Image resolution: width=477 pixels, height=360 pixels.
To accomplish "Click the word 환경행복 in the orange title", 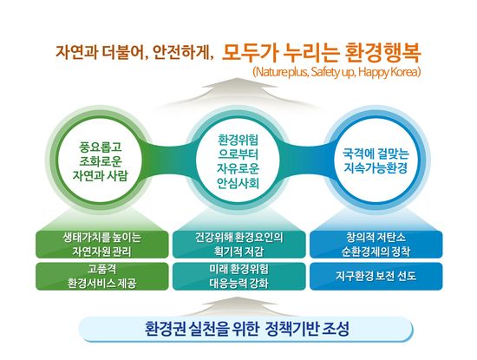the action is click(383, 53).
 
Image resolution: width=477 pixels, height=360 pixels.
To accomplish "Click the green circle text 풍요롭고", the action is click(101, 147).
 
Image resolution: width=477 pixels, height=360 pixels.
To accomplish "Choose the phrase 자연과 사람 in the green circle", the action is click(101, 175).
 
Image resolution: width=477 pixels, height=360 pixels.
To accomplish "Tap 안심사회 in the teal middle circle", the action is click(238, 183).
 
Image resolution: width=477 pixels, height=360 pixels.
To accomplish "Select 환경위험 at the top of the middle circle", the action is click(238, 140).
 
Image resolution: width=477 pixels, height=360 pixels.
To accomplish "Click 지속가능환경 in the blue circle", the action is click(376, 168).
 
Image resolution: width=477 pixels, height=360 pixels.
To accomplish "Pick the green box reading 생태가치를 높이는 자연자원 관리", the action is click(102, 245).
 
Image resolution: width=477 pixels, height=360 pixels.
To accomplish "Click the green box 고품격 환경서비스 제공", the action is click(102, 277).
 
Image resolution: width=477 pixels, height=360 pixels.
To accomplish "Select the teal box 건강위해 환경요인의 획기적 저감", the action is click(238, 245).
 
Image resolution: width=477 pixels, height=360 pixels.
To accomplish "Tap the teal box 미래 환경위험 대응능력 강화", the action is click(238, 277).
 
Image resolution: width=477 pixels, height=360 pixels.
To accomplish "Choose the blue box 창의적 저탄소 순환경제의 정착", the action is click(376, 245).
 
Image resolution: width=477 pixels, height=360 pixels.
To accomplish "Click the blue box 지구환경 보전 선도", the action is click(376, 277).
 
